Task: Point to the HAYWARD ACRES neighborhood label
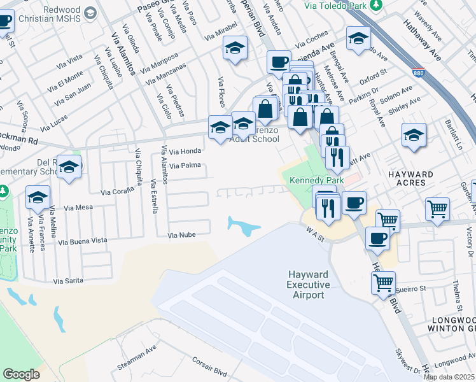coord(410,178)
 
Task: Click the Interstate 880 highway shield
coord(418,74)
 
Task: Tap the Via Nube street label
coord(181,235)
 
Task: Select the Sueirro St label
coord(410,289)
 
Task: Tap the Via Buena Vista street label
coord(83,241)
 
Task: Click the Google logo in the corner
coord(21,374)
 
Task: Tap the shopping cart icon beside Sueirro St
coord(384,282)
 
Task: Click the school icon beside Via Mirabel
coord(235,48)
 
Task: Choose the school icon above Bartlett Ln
coord(414,135)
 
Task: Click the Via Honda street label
coord(186,152)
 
